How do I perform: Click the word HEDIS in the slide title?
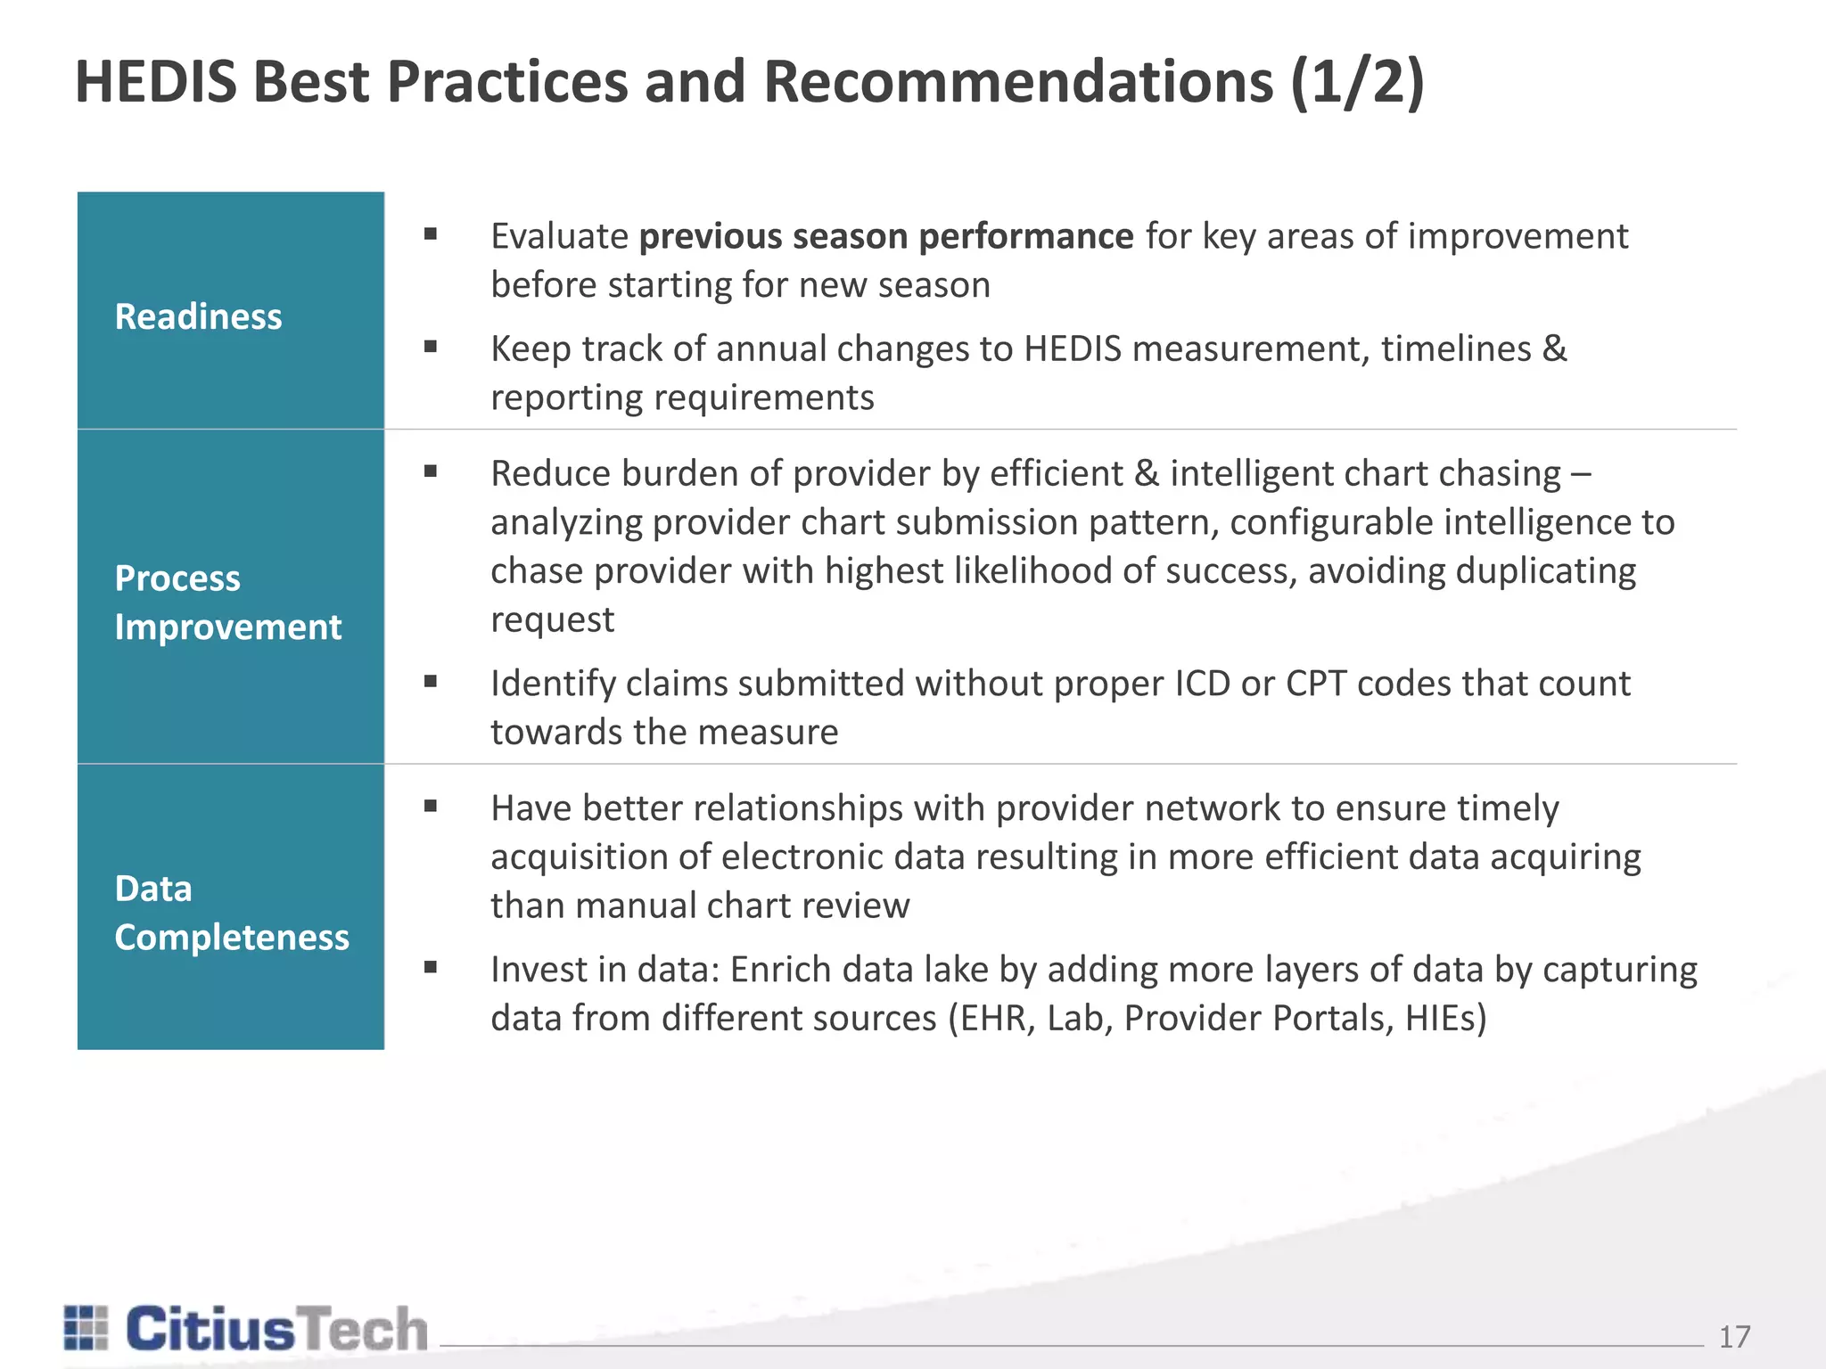click(x=156, y=82)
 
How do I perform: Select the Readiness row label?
click(x=198, y=317)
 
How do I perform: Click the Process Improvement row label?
click(x=227, y=603)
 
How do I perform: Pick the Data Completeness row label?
click(x=231, y=913)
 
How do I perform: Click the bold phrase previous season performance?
click(x=886, y=236)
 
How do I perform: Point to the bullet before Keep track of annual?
click(x=431, y=348)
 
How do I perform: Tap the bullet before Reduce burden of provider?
click(x=431, y=472)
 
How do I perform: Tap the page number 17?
click(x=1734, y=1337)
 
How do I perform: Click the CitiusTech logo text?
click(x=276, y=1330)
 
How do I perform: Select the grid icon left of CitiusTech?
click(x=86, y=1328)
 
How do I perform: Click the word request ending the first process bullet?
click(x=552, y=619)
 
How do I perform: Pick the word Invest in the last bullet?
click(x=538, y=970)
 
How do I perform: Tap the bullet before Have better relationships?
click(x=431, y=807)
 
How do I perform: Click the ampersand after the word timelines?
click(x=1554, y=348)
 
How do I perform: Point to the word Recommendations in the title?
click(x=1018, y=82)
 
